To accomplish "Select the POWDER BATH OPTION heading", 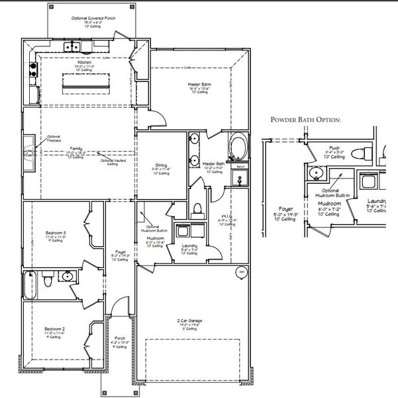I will pyautogui.click(x=306, y=120).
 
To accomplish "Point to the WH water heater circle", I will pyautogui.click(x=242, y=271).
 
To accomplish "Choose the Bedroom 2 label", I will pyautogui.click(x=54, y=329).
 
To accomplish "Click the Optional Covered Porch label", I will pyautogui.click(x=93, y=19).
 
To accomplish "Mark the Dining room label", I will pyautogui.click(x=162, y=165).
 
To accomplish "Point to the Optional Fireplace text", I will pyautogui.click(x=54, y=139).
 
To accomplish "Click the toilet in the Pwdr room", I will pyautogui.click(x=358, y=155).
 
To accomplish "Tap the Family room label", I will pyautogui.click(x=76, y=149).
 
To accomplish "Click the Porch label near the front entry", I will pyautogui.click(x=120, y=338).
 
